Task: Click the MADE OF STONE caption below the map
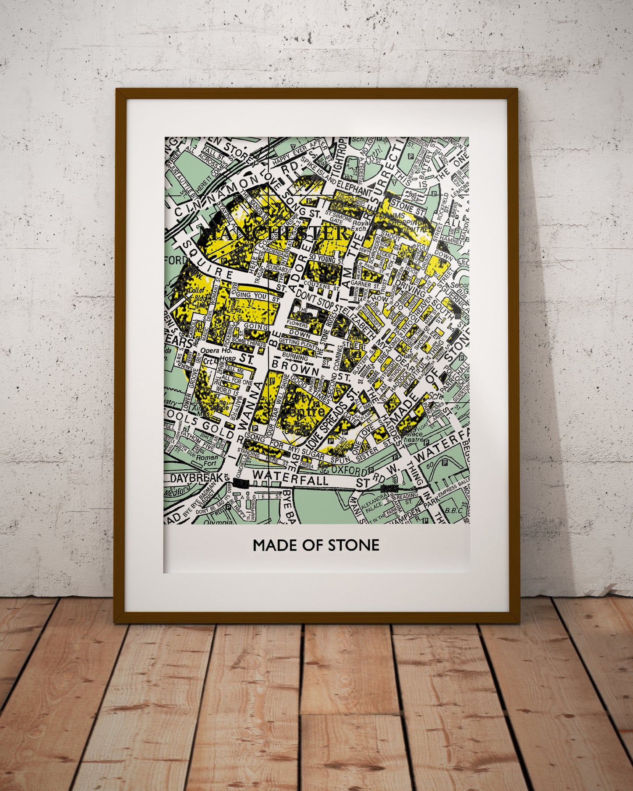point(316,545)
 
